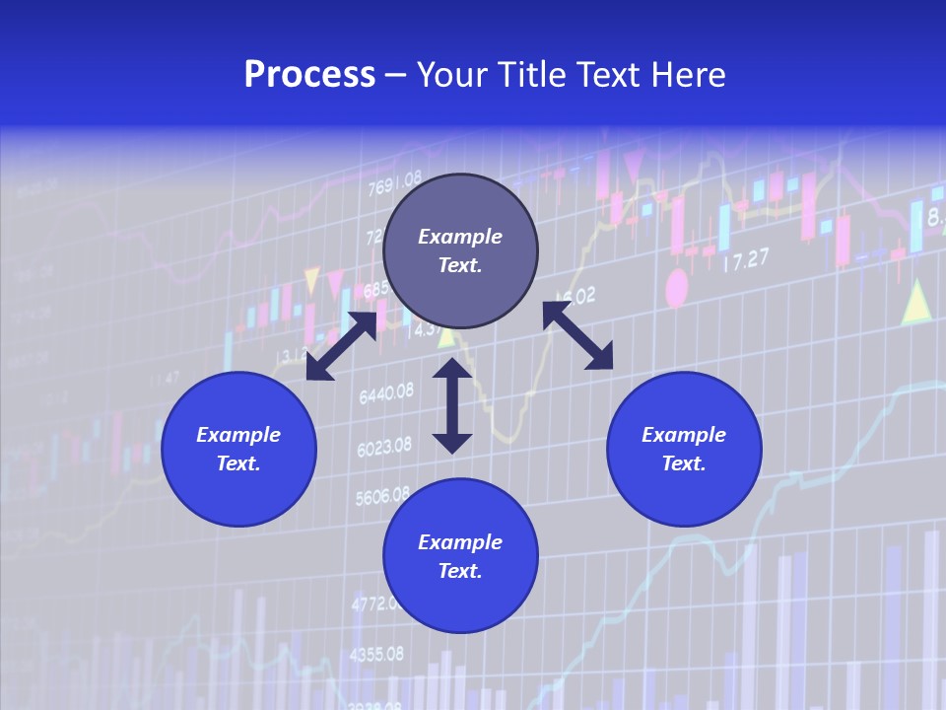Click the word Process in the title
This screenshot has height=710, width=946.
309,75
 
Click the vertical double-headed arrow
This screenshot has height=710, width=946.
452,405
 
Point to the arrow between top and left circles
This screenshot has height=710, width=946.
341,345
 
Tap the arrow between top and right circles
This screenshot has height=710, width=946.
578,335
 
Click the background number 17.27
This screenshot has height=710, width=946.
746,260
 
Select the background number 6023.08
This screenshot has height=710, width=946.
384,448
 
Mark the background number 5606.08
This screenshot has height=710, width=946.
381,496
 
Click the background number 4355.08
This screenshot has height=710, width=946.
376,654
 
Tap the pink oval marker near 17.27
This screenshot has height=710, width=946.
677,288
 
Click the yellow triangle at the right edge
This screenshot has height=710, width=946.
916,303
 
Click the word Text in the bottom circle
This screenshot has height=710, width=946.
460,571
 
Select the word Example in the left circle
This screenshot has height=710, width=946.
238,435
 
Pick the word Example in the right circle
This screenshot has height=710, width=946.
684,435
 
